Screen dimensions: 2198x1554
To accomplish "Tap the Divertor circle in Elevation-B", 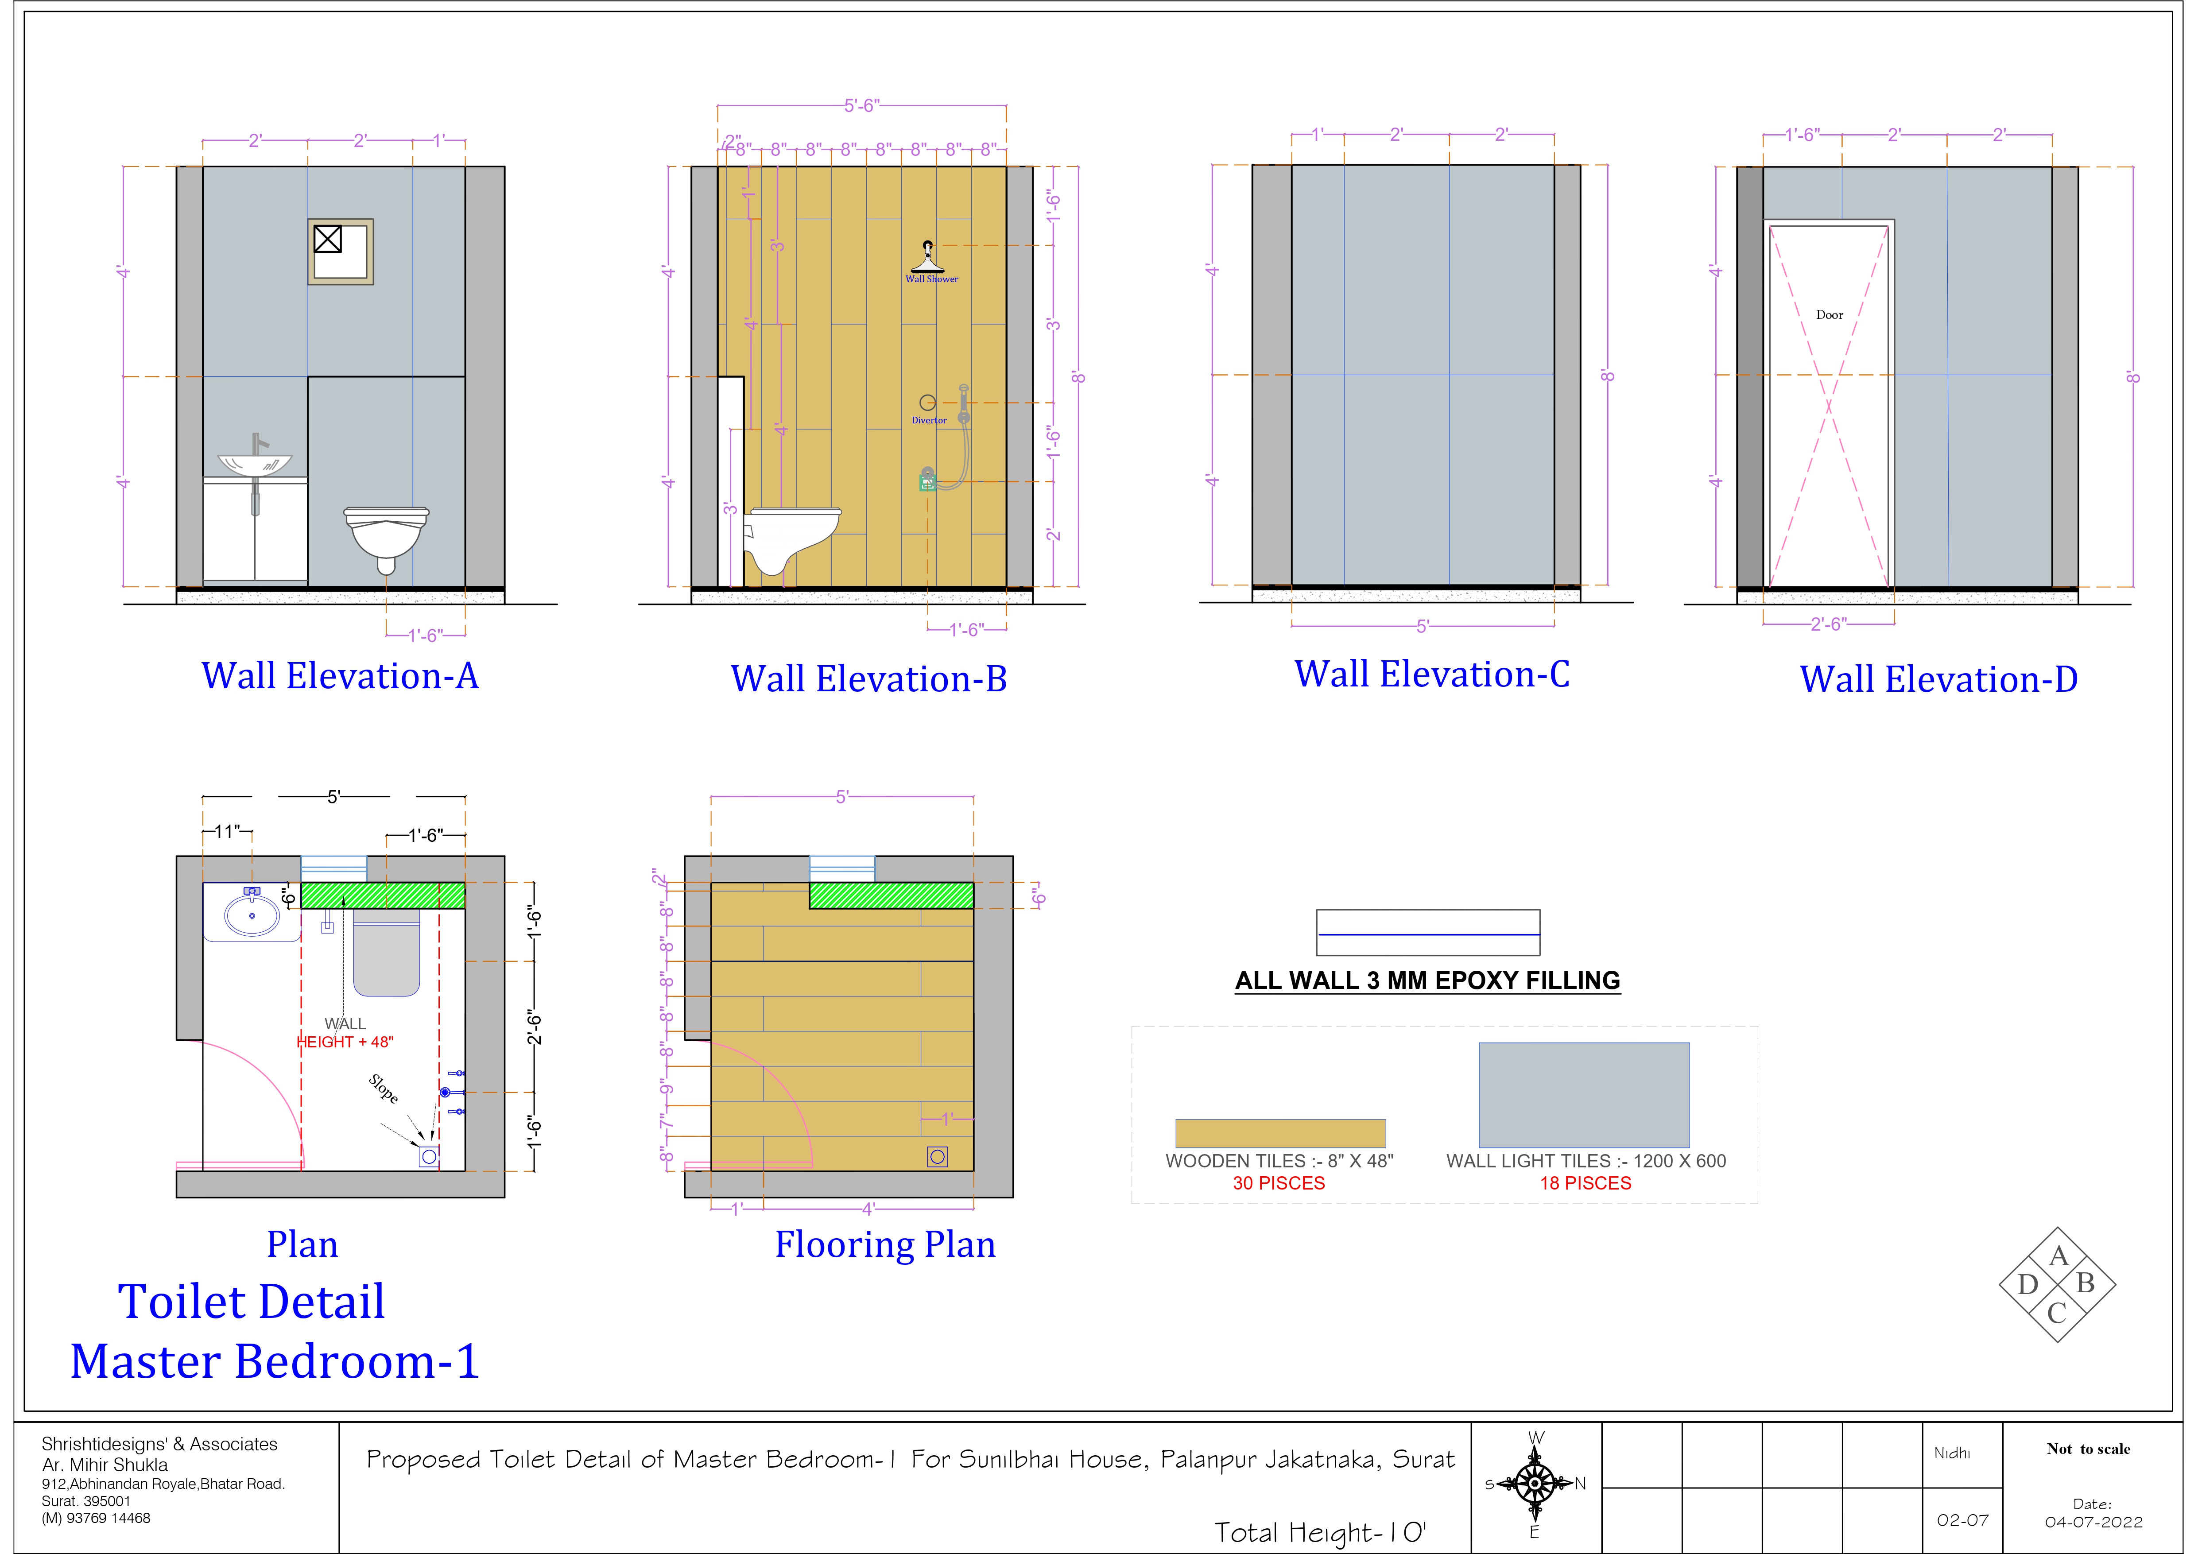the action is pos(926,402).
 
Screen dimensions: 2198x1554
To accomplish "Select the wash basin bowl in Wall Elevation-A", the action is pos(255,465).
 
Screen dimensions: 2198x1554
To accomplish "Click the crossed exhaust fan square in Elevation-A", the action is pos(327,238).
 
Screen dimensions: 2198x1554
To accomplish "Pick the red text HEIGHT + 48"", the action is pos(345,1042).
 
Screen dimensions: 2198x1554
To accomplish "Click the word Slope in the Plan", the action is pos(383,1089).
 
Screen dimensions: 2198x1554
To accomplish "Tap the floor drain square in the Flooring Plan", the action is pos(937,1157).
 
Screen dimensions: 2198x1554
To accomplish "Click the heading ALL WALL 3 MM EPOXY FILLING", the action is pos(1427,980).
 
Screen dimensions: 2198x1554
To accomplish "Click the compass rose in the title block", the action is pos(1535,1484).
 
